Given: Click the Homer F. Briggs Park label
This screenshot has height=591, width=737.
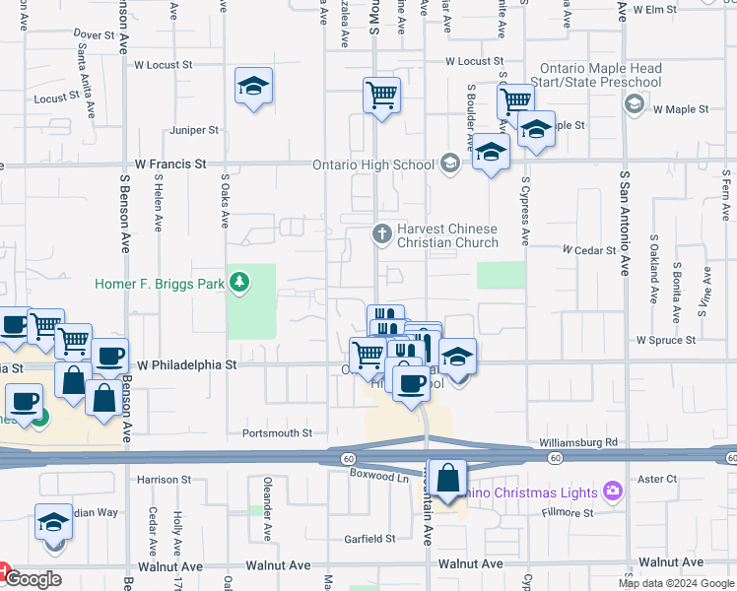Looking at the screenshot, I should tap(159, 285).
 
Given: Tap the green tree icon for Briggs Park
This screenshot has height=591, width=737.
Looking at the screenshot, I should tap(238, 285).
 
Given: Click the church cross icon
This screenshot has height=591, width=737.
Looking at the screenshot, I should tap(381, 234).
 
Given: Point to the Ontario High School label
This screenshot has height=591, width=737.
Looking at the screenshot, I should tap(372, 164).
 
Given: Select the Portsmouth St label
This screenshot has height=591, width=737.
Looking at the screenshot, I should tap(277, 432).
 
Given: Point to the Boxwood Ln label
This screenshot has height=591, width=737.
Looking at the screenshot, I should tap(379, 477).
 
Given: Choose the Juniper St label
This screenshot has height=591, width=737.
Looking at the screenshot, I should tap(193, 130).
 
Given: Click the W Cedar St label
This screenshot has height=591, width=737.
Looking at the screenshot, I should tap(588, 250).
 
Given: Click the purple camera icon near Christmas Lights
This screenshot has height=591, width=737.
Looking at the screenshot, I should tap(612, 491).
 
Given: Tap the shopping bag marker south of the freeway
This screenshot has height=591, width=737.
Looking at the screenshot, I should tap(447, 479).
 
